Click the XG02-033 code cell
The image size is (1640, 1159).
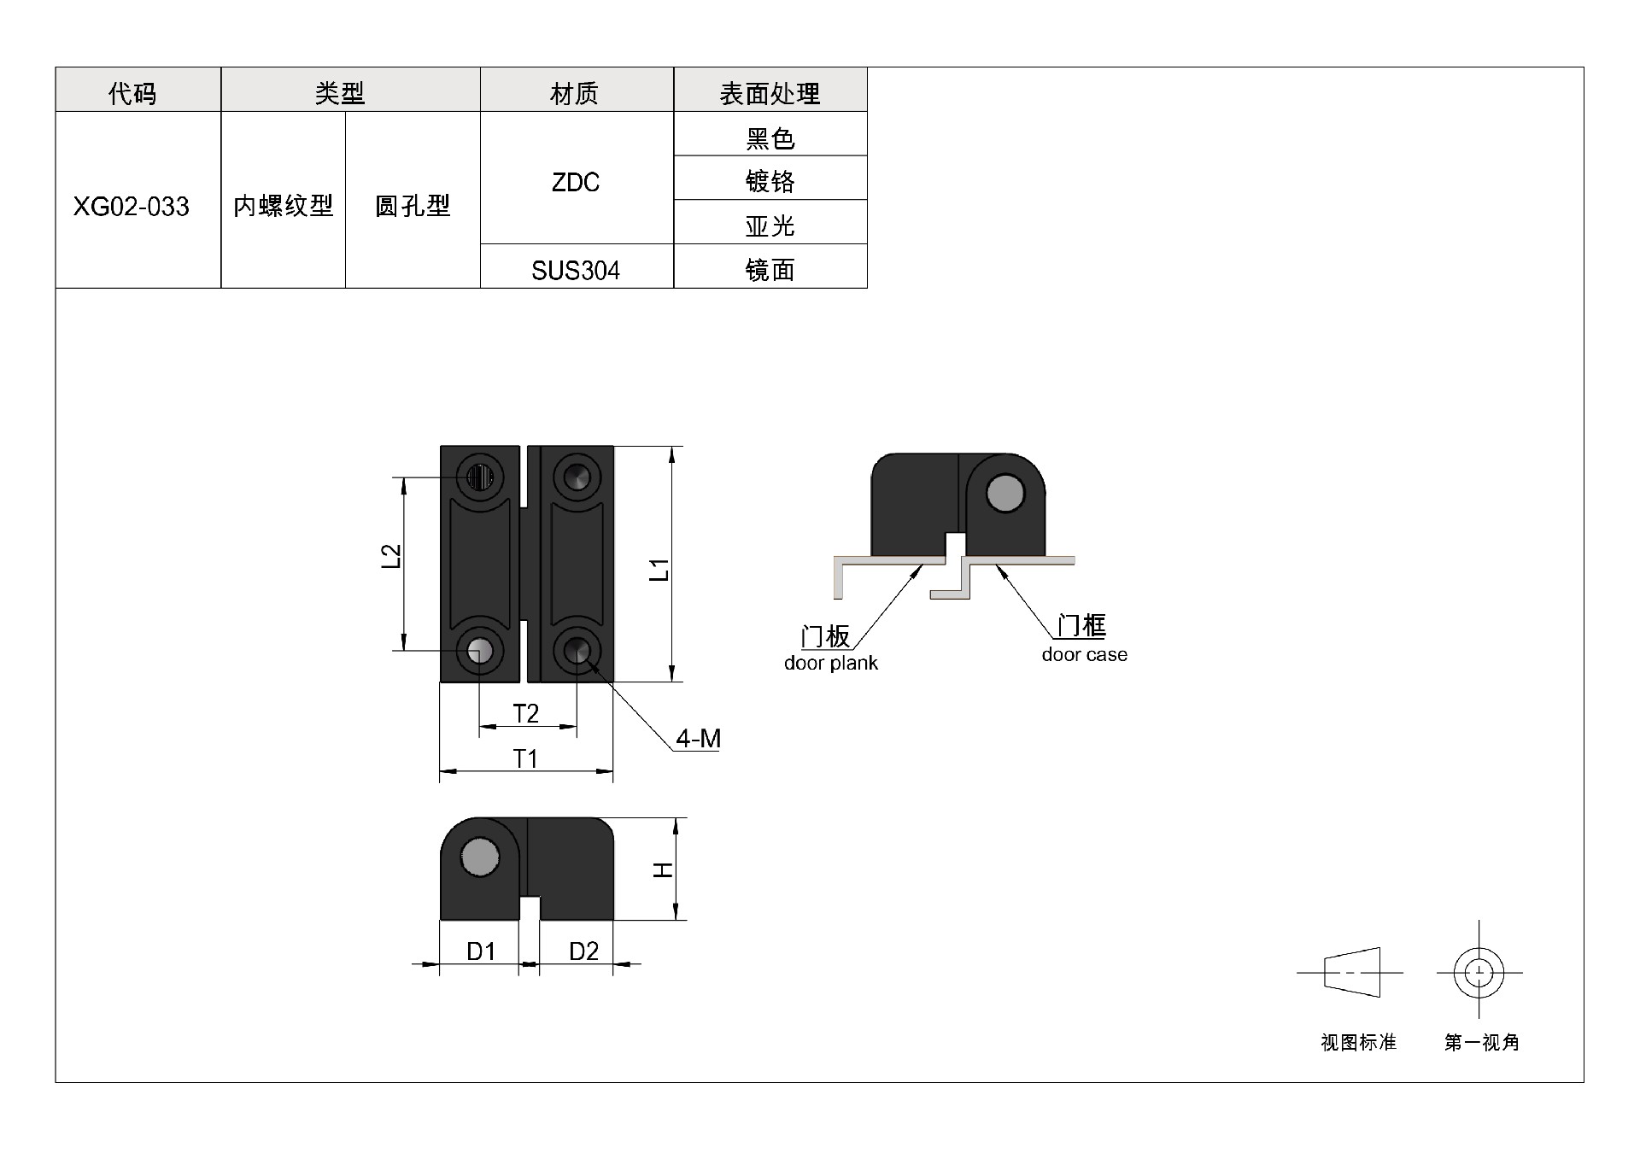[x=132, y=207]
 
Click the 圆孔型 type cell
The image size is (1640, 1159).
[x=413, y=206]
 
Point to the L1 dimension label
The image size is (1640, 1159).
[x=659, y=570]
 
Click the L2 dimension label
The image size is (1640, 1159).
[x=391, y=557]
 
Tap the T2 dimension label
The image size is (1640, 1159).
[x=526, y=713]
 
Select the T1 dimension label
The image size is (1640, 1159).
[x=525, y=758]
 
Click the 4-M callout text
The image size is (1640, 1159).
[x=699, y=739]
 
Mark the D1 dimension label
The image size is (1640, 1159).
[x=481, y=951]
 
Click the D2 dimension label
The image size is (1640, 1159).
[x=583, y=951]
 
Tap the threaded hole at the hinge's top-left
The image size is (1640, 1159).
[x=480, y=477]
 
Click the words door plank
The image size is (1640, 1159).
[x=831, y=664]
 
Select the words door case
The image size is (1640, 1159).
[x=1085, y=655]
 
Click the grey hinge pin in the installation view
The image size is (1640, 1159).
[x=1004, y=493]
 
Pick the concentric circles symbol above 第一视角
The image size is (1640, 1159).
[x=1479, y=973]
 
